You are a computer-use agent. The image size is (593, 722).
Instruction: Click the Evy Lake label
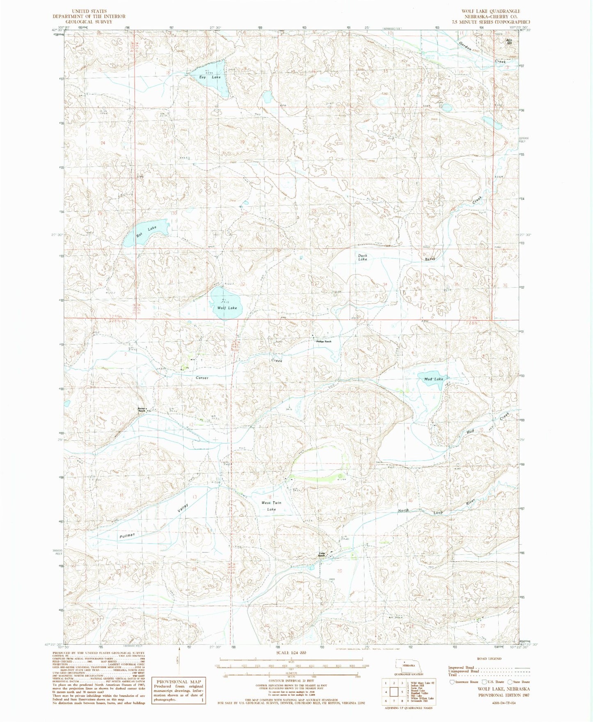pyautogui.click(x=210, y=77)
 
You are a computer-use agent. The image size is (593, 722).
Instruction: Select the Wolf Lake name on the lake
pyautogui.click(x=227, y=308)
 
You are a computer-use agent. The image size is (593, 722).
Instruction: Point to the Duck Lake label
pyautogui.click(x=362, y=257)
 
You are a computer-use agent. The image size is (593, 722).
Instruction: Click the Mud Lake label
pyautogui.click(x=433, y=379)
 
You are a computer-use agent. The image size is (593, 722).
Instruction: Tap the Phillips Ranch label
pyautogui.click(x=323, y=342)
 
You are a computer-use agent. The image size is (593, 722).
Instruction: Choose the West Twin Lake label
pyautogui.click(x=271, y=506)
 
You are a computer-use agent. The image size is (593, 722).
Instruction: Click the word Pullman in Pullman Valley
pyautogui.click(x=127, y=535)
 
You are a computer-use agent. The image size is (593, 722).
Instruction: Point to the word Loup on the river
pyautogui.click(x=438, y=513)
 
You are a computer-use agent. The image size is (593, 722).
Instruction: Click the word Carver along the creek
pyautogui.click(x=202, y=378)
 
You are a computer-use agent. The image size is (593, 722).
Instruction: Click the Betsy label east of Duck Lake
pyautogui.click(x=430, y=259)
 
